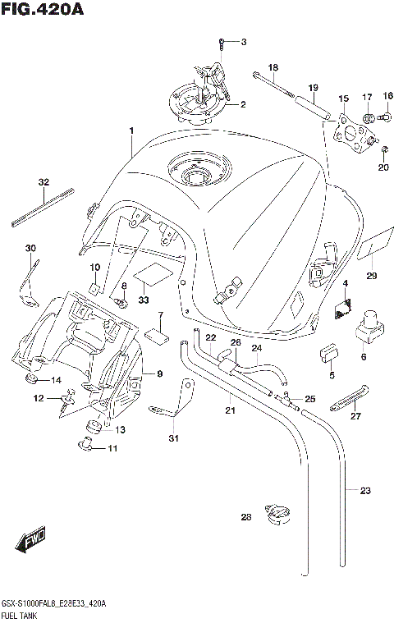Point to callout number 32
[x=44, y=182]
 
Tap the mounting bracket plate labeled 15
[x=350, y=135]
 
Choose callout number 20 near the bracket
[x=383, y=168]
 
